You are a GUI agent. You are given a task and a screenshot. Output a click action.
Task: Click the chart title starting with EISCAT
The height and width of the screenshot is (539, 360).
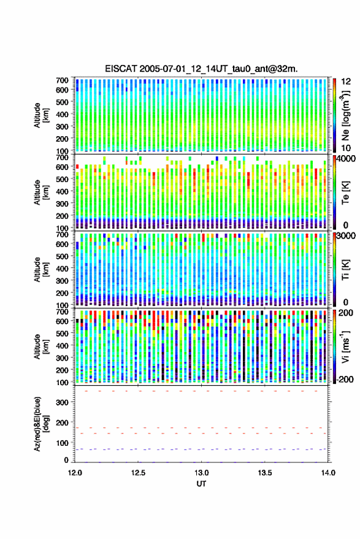coord(202,69)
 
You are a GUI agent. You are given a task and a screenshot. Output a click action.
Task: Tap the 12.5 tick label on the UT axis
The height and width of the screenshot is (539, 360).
coord(138,473)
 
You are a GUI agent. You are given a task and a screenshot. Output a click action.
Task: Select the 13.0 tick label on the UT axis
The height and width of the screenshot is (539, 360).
coord(202,473)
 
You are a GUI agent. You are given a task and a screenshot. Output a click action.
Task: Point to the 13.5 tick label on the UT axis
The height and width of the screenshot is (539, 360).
coord(265,473)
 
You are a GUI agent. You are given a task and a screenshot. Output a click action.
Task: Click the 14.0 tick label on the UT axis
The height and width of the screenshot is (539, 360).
coord(328,473)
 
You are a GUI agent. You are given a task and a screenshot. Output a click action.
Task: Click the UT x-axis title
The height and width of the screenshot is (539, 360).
coord(201,484)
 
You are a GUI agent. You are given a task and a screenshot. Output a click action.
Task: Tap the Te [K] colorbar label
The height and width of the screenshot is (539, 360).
coord(345,193)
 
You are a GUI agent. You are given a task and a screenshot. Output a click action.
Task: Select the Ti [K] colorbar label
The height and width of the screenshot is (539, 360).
coord(345,270)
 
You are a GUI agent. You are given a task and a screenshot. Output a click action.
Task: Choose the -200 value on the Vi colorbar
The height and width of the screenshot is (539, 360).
coord(345,380)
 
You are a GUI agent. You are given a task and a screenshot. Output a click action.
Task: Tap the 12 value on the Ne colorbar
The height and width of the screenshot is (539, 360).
coord(347,82)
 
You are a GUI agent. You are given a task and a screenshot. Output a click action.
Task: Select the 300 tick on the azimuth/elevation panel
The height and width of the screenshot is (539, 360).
coord(62,402)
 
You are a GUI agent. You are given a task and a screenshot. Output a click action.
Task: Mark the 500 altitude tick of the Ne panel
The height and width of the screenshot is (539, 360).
coord(62,102)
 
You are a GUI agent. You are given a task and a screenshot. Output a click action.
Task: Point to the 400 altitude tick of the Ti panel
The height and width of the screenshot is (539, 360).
coord(62,269)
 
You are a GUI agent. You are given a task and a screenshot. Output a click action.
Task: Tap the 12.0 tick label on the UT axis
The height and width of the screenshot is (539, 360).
coord(75,473)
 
